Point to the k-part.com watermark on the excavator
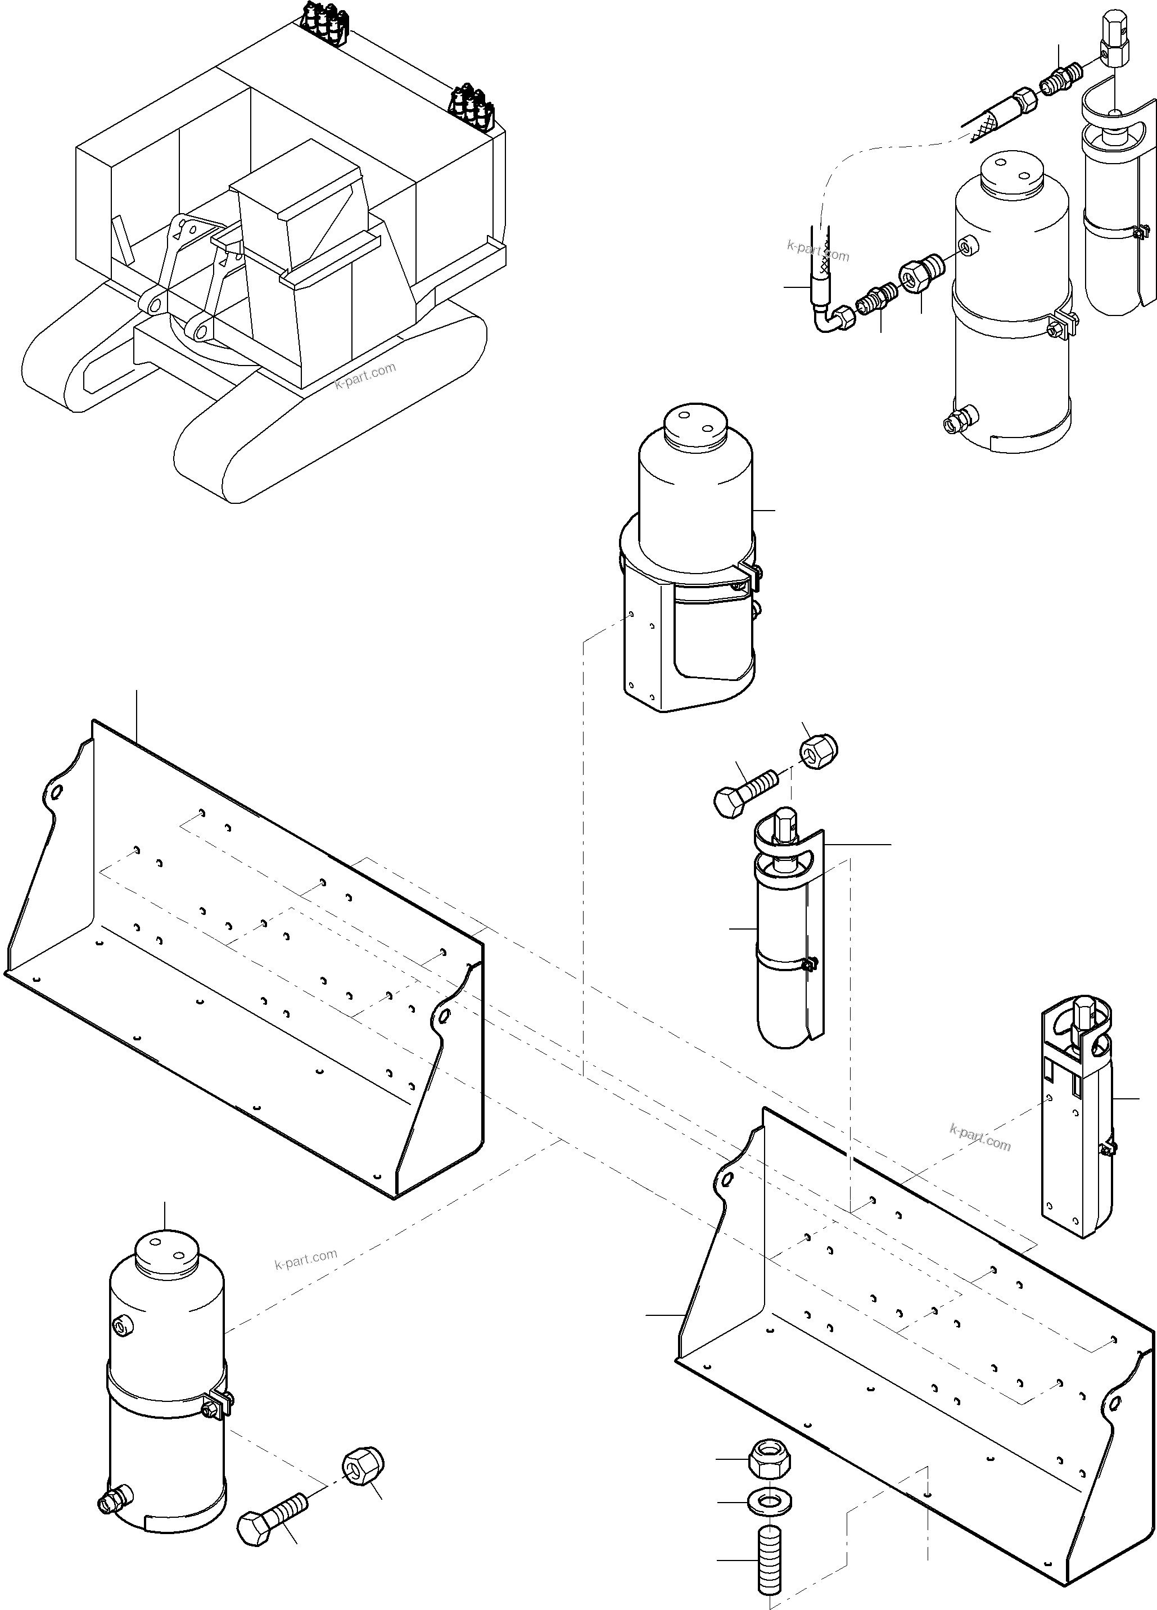click(365, 376)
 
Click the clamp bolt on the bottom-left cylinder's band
click(213, 1408)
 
